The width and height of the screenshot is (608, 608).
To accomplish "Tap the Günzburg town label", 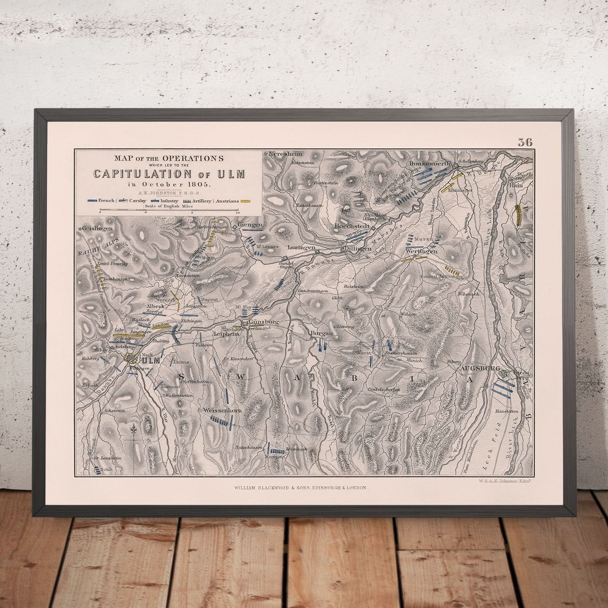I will coord(263,322).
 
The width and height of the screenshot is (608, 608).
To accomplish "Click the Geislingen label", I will coord(98,229).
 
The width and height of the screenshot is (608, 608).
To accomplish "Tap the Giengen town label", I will coord(250,225).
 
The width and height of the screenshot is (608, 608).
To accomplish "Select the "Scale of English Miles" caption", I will coord(169,206).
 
